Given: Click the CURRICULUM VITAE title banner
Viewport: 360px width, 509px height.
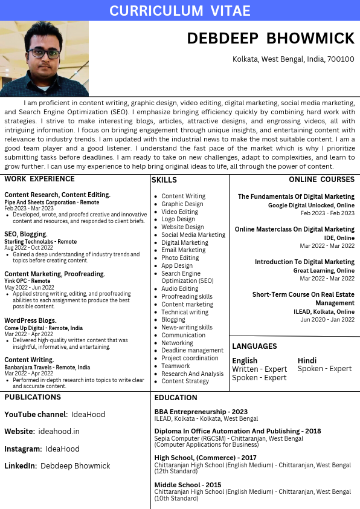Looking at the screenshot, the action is (x=179, y=10).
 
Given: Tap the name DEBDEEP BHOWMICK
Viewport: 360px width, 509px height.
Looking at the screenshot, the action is (x=271, y=39).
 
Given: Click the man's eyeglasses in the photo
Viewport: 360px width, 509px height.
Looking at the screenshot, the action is (x=43, y=53).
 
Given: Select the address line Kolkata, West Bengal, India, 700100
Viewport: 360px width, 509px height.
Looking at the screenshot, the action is (x=294, y=59).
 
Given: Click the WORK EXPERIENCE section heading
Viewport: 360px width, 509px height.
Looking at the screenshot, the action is (x=39, y=179).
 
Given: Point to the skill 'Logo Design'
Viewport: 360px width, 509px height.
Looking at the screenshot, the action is (x=178, y=219).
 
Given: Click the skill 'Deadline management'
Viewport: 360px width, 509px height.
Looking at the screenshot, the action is (x=192, y=351).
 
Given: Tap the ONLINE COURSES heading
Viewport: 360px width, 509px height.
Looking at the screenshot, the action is (x=321, y=180).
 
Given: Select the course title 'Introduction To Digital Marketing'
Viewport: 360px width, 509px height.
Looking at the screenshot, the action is (x=304, y=262).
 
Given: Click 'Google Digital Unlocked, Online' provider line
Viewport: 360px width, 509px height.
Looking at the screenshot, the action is (x=311, y=206).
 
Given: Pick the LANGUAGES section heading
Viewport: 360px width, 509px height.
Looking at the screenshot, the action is (x=254, y=346).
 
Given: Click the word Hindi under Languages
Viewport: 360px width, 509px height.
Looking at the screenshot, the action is (x=307, y=361).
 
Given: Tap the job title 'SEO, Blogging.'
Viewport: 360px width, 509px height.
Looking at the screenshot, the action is (x=25, y=234).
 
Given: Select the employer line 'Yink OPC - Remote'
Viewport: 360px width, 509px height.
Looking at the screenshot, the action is (x=27, y=281).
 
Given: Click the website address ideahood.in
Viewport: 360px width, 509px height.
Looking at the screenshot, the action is (x=59, y=432).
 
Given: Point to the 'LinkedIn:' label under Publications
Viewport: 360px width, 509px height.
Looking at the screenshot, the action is (x=21, y=466).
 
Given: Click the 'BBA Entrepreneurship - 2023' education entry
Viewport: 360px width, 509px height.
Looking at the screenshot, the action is (x=201, y=412).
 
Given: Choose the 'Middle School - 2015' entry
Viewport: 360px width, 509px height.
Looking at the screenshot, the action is (x=187, y=485).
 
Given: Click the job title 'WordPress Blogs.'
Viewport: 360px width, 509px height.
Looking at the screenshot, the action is (x=30, y=320).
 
